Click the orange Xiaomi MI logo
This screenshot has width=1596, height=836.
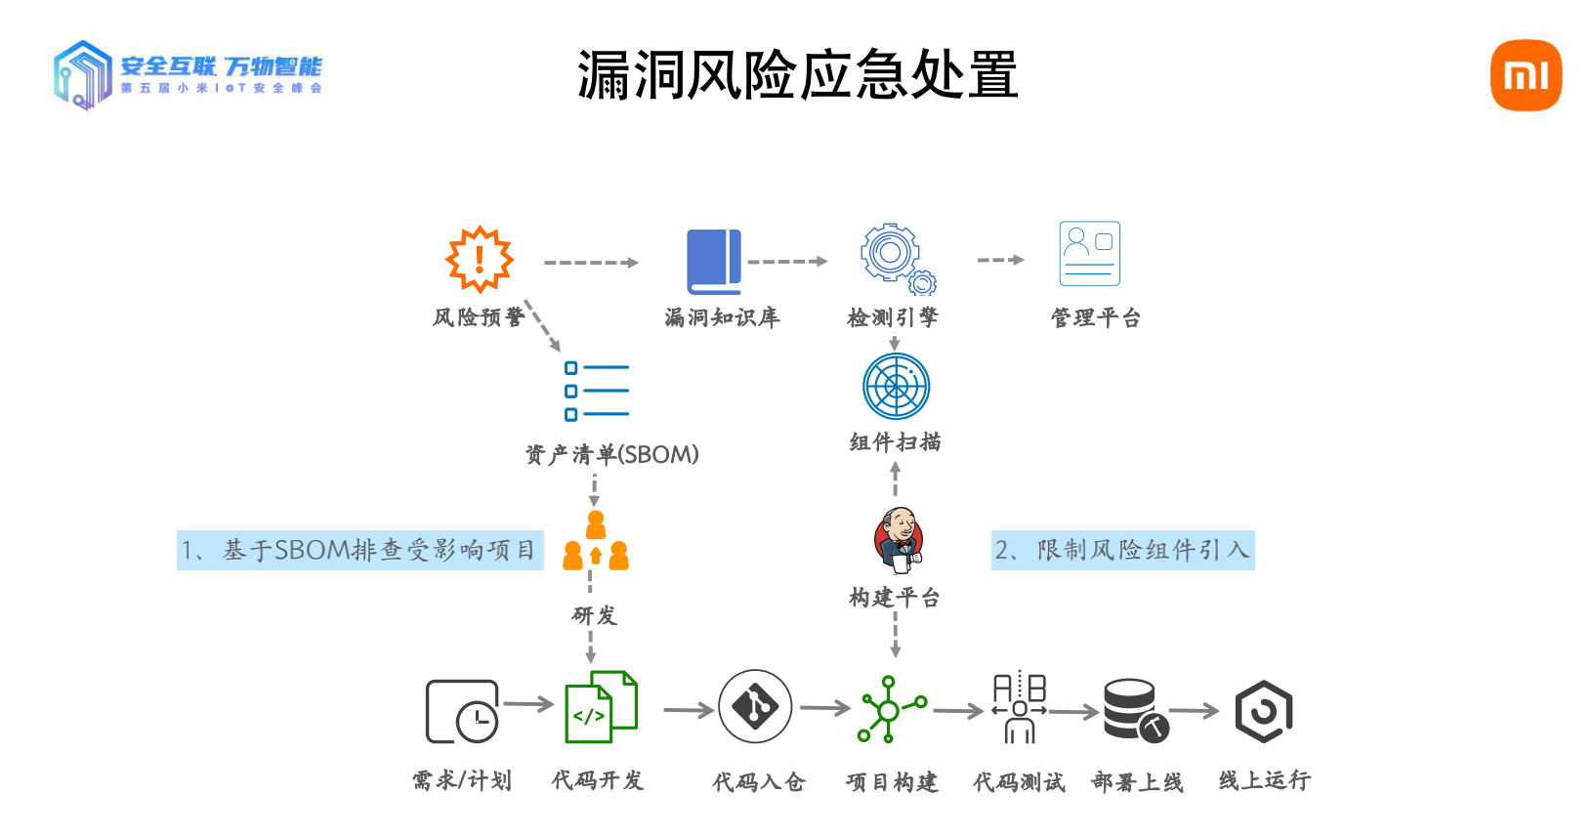click(x=1526, y=75)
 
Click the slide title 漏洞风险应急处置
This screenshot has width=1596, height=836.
click(x=797, y=75)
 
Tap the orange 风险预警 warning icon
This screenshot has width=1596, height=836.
click(x=480, y=260)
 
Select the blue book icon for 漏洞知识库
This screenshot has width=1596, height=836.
click(x=714, y=262)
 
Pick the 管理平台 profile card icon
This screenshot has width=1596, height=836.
click(x=1089, y=253)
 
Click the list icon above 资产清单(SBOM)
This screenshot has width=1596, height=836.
click(x=597, y=391)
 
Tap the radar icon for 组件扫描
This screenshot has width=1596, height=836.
click(x=896, y=386)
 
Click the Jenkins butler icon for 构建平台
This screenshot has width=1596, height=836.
click(x=899, y=539)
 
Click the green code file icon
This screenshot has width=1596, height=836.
click(x=602, y=707)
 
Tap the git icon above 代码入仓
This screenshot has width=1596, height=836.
click(x=754, y=706)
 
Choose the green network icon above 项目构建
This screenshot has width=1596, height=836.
click(x=890, y=709)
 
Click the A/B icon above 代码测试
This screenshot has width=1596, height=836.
click(x=1020, y=707)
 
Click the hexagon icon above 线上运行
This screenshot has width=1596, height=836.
click(x=1264, y=711)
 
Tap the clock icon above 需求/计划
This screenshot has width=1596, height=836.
click(x=463, y=712)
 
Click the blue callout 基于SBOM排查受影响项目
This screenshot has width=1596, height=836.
click(x=359, y=551)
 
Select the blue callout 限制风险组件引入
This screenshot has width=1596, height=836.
click(x=1122, y=550)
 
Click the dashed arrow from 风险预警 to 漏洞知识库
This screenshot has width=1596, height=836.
click(x=591, y=263)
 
